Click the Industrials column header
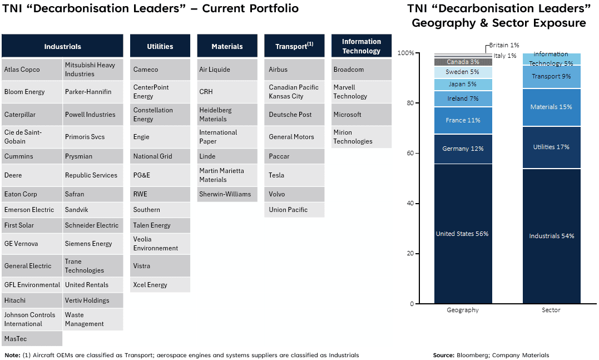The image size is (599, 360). [x=62, y=46]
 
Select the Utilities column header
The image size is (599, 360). [x=160, y=46]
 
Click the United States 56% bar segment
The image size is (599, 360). [x=462, y=234]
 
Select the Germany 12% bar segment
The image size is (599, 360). [x=462, y=149]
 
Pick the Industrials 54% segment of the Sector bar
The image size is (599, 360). [x=551, y=236]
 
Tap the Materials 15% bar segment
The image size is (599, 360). [x=551, y=107]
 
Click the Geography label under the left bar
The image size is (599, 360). [x=462, y=310]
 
